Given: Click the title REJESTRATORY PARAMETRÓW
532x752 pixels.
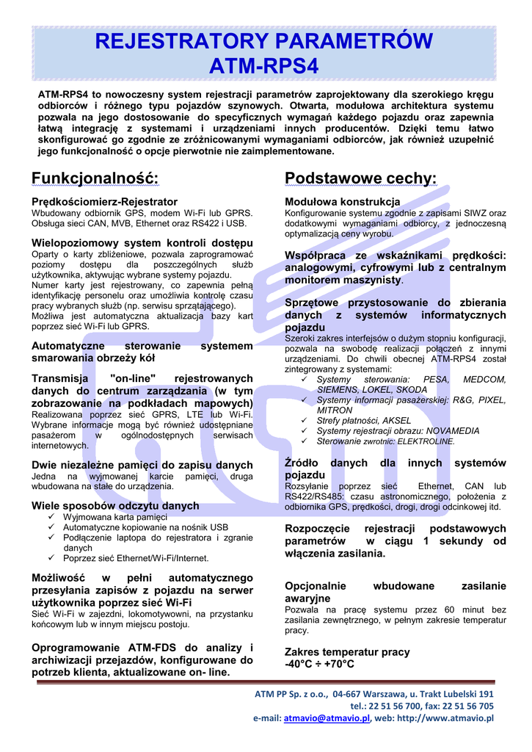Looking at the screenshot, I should [265, 41].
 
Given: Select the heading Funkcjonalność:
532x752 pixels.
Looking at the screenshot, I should [95, 178].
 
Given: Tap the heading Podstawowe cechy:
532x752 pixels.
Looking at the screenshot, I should [360, 178].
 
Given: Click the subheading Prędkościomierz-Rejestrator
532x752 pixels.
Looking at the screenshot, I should [104, 201].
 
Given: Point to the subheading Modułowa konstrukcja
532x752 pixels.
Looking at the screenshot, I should [342, 201].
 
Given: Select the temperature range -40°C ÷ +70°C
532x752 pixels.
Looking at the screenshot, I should [319, 664].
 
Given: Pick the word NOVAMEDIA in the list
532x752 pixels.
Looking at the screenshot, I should [451, 431].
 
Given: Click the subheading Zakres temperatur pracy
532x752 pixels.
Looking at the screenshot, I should [347, 652].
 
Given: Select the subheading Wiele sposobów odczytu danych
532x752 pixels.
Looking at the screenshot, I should [115, 505].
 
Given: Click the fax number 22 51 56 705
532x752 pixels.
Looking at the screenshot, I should [467, 706].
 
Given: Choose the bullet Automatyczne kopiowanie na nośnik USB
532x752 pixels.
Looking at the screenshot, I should [145, 527].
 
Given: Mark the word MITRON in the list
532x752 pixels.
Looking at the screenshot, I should [335, 411].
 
